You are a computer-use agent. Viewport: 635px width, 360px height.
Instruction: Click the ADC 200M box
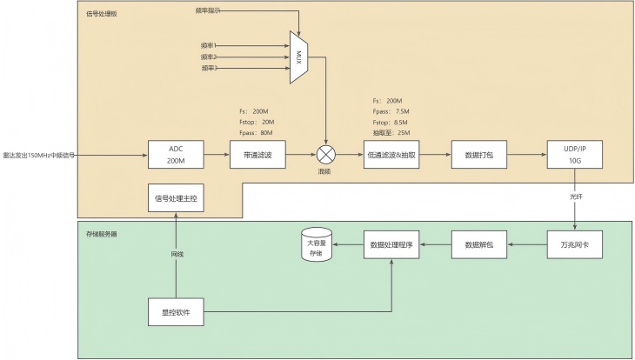[176, 155]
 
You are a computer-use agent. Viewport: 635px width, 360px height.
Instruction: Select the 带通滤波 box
[257, 155]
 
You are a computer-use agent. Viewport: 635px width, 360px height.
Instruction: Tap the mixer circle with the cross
[326, 155]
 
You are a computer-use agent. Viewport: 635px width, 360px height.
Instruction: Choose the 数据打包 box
[479, 155]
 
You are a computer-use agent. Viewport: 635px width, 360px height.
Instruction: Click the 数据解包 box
[479, 245]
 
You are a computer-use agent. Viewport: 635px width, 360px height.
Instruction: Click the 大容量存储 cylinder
[314, 248]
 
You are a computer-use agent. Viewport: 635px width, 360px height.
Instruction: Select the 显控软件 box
[176, 311]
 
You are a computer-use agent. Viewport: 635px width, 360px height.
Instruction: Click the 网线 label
[177, 254]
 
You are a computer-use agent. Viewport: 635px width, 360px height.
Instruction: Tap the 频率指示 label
[207, 10]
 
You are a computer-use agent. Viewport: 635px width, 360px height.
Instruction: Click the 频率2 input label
[208, 56]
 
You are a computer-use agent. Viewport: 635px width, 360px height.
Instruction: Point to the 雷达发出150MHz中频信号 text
[38, 156]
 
